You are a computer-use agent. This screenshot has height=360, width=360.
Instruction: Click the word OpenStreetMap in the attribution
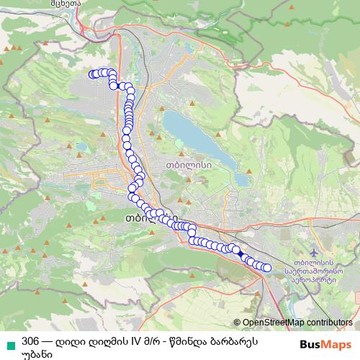[274, 323]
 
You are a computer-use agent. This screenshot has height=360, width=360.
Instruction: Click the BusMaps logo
[325, 343]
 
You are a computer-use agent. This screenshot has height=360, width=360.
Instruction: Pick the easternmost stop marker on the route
[267, 268]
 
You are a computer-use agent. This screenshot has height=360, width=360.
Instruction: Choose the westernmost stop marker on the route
[92, 73]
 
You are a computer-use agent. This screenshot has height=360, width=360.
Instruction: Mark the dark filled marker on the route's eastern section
[240, 253]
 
